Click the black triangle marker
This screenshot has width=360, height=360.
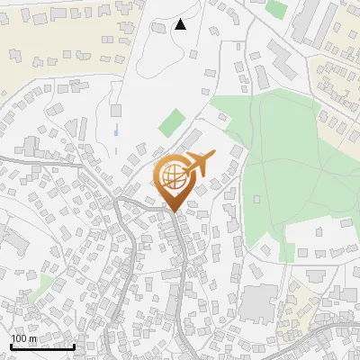(181, 24)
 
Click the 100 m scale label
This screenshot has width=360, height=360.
(23, 338)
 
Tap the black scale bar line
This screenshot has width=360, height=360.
(42, 346)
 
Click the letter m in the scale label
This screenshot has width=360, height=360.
(33, 338)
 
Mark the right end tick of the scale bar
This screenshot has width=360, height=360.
(74, 344)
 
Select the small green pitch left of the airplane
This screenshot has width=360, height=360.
(172, 122)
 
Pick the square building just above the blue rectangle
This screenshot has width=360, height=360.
(116, 110)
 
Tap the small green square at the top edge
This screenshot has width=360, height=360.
(276, 9)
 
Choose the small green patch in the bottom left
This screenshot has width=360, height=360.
(40, 289)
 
